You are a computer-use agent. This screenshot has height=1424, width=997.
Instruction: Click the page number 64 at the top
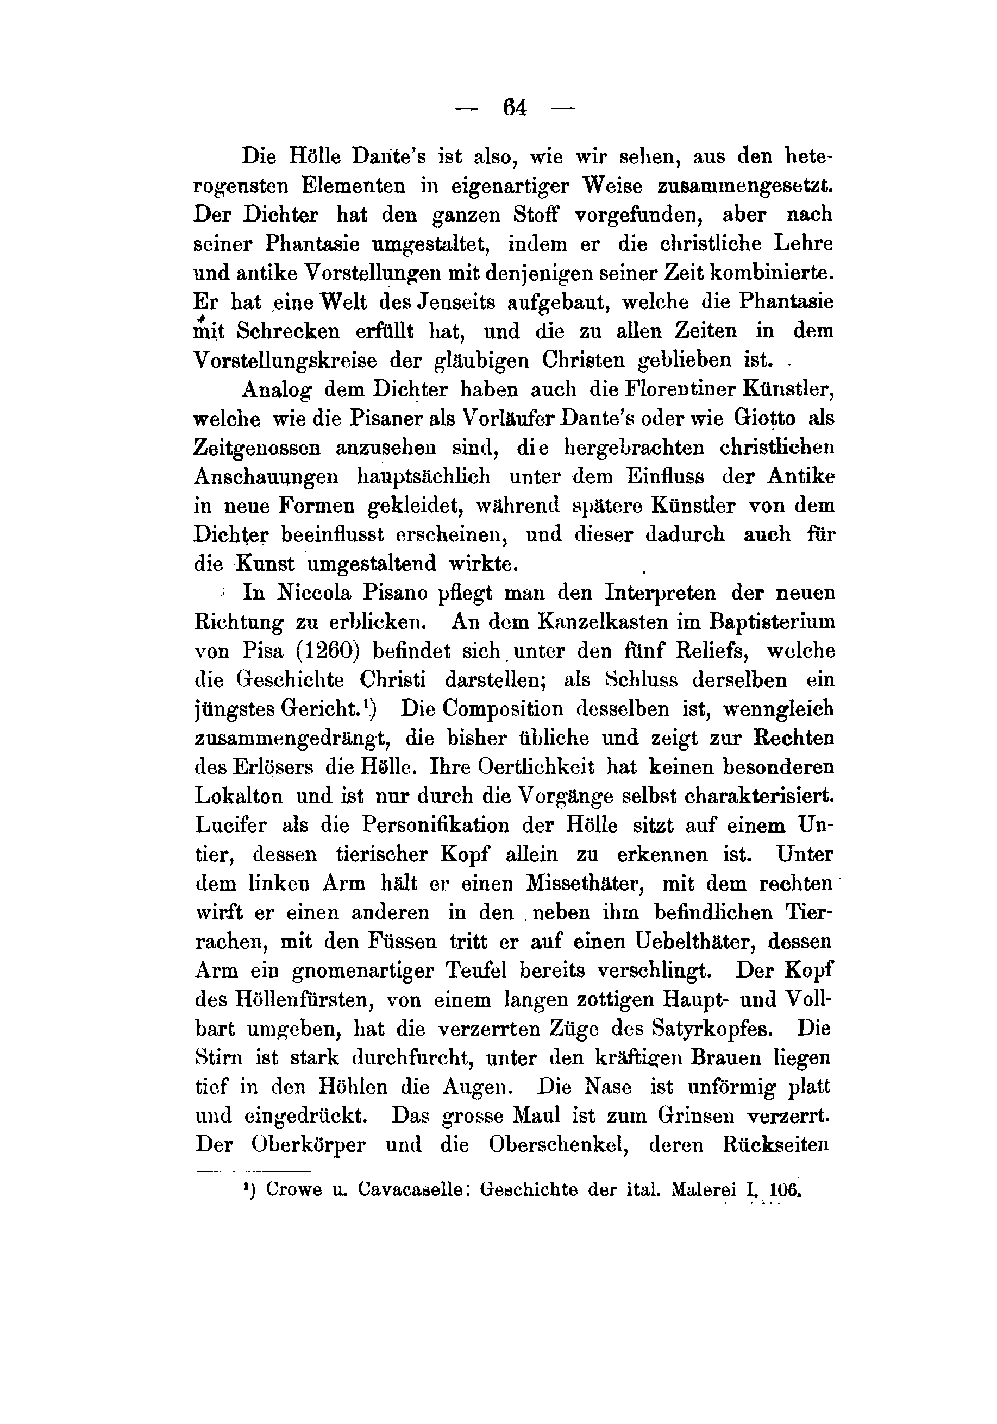click(516, 109)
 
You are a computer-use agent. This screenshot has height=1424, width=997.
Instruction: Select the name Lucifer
click(231, 826)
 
